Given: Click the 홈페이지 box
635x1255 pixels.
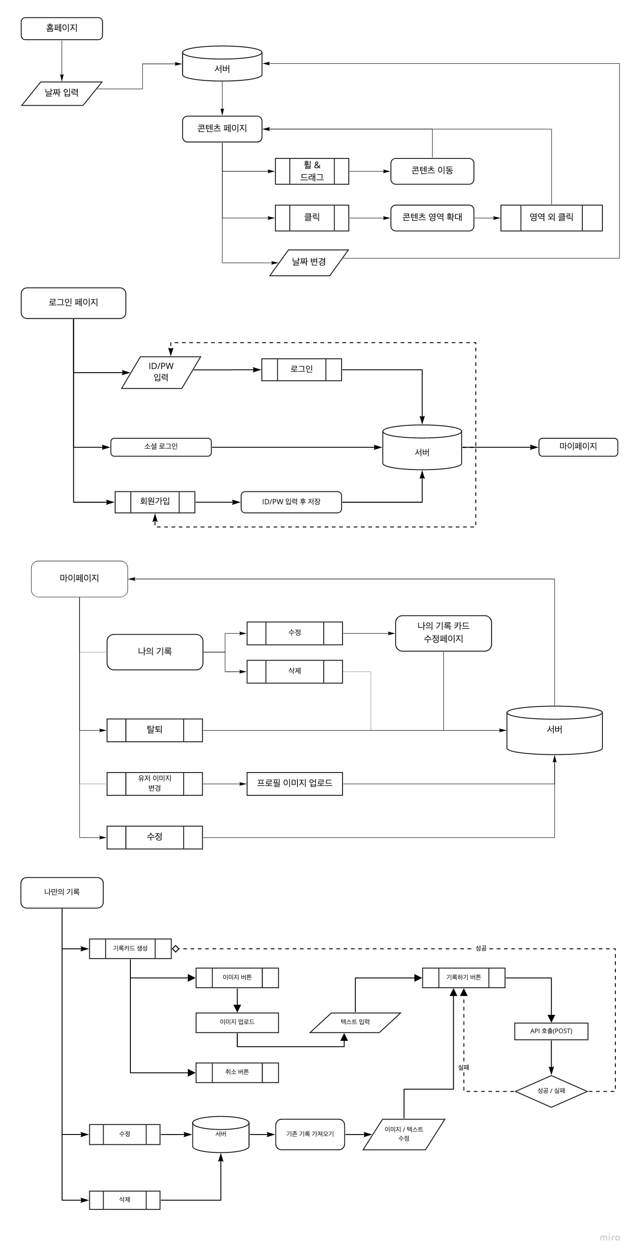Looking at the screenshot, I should pos(62,28).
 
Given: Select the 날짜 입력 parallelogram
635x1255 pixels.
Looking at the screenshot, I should pos(62,93).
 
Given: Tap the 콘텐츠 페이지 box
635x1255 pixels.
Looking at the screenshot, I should pos(222,129).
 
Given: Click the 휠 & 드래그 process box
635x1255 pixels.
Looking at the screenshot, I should pos(311,171).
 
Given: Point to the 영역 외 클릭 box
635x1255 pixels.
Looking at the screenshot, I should pos(551,218).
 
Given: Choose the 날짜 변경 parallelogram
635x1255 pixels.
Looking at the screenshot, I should pos(309,262).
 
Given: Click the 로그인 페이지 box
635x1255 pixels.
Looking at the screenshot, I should pos(73,303).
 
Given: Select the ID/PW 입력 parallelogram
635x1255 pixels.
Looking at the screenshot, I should pos(161,372).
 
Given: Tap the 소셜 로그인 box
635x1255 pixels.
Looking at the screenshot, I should pos(161,447).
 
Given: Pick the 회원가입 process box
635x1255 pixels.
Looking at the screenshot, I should pos(155,502).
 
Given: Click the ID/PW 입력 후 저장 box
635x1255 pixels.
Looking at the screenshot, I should pos(291,502).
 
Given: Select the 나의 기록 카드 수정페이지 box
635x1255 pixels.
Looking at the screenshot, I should pos(443,633).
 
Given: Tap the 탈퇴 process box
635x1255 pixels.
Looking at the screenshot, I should pos(155,730).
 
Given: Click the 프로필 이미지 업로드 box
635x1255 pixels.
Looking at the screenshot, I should pos(294,783).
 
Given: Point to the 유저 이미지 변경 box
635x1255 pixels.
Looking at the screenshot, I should pos(155,783).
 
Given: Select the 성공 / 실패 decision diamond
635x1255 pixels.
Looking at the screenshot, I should pos(551,1091).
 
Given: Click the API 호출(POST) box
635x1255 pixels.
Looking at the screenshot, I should pos(551,1031).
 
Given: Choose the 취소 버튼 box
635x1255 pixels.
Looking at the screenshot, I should pos(237,1072).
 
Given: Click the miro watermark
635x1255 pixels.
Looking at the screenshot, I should pos(609,1237).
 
